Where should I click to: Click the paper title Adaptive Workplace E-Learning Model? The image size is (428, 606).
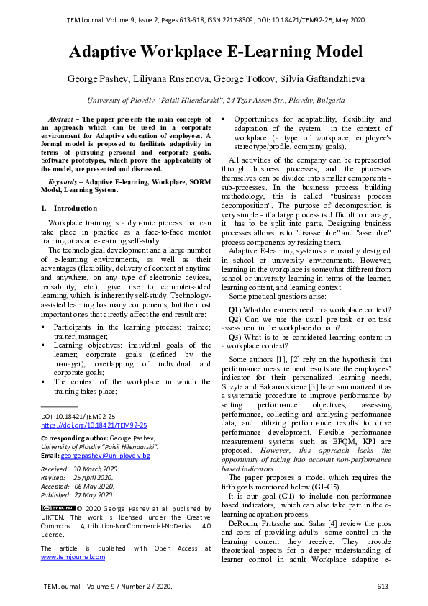tap(214, 52)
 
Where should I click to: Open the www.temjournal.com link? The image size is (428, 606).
tap(73, 556)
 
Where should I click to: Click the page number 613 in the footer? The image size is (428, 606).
tap(383, 587)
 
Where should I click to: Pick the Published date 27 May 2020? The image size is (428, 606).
tap(94, 495)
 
